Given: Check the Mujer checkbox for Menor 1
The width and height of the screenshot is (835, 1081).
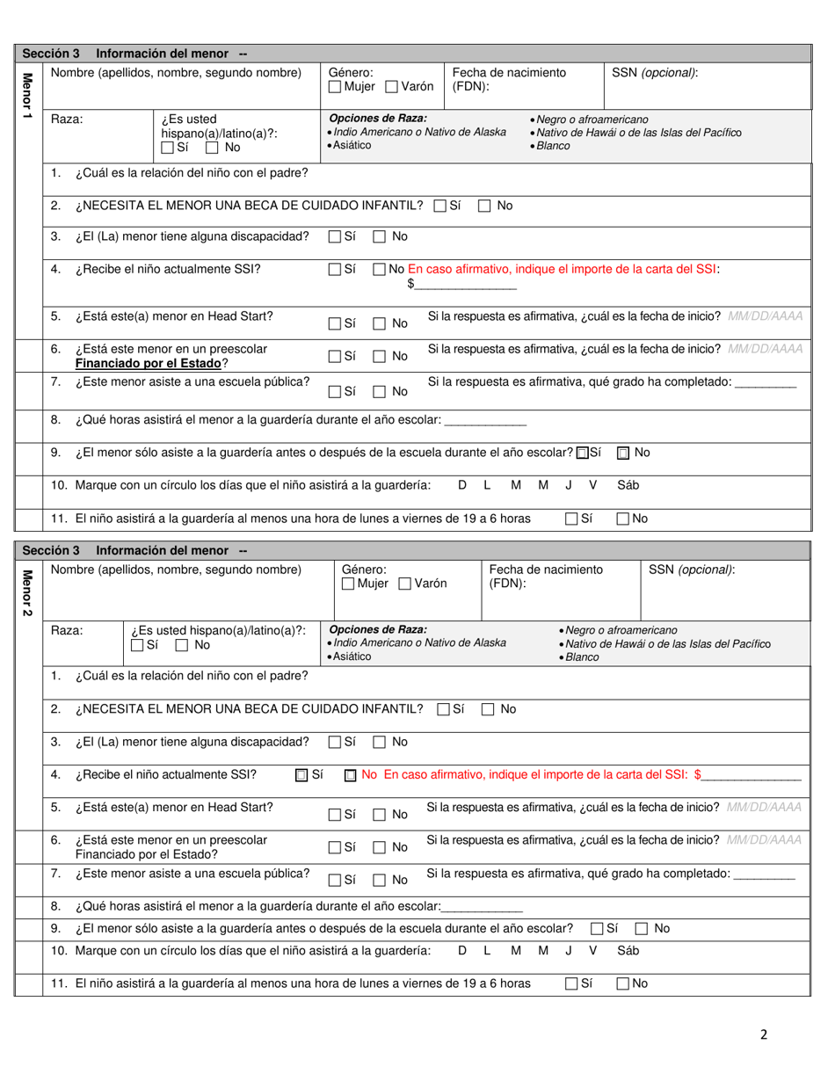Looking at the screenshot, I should coord(335,87).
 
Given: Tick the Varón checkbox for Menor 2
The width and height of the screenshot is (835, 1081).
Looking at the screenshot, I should coord(404,584).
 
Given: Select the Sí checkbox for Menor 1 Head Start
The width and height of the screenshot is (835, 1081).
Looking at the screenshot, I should coord(335,323).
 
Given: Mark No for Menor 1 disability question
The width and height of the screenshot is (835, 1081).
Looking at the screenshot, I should coord(380,236).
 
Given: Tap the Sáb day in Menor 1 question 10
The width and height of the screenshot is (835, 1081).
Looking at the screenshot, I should coord(628,485).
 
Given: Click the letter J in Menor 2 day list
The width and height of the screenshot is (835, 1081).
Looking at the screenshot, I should coord(569,950).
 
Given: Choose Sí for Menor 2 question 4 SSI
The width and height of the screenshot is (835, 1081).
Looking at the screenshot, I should coord(301,775).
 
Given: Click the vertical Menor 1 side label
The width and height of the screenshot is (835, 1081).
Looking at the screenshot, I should coord(26,97).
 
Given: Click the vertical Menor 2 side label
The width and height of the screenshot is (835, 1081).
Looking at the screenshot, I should coord(26,593).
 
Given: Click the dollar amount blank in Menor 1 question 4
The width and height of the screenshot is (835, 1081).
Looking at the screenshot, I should coord(466,285).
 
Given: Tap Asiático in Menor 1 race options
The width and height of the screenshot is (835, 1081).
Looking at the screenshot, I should coord(350,145).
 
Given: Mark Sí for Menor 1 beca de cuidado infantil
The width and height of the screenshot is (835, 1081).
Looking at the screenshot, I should coord(440,206).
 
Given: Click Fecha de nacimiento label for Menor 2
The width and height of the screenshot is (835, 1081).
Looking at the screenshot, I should coord(545,570).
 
